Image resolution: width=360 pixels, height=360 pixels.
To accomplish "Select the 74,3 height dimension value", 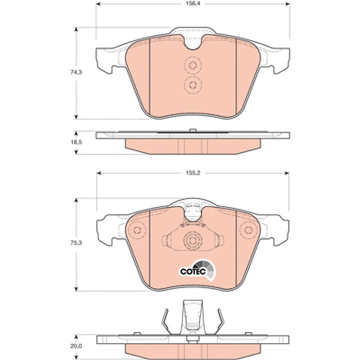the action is tap(76, 72).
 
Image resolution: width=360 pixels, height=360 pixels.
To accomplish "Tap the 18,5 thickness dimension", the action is tap(76, 142).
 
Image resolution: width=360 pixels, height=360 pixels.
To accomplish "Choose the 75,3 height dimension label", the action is tap(76, 242).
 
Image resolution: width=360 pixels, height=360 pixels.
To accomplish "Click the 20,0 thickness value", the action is tap(76, 346).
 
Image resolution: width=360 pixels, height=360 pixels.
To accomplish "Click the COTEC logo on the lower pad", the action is tap(197, 270).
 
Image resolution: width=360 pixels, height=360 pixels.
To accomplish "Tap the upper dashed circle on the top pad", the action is tap(193, 65).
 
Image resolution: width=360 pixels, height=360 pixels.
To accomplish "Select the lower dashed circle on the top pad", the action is tap(193, 85).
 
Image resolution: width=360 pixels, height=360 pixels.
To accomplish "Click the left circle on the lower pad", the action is tap(137, 230).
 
